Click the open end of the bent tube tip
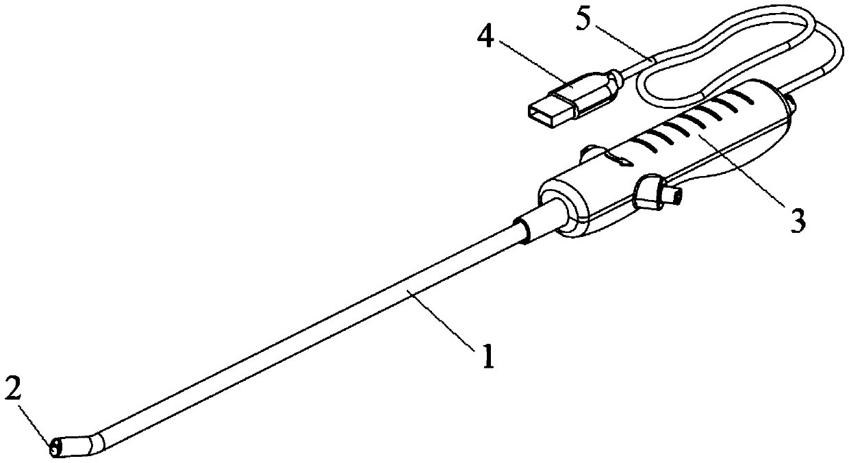coord(55,449)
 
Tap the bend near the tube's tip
coord(96,438)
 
